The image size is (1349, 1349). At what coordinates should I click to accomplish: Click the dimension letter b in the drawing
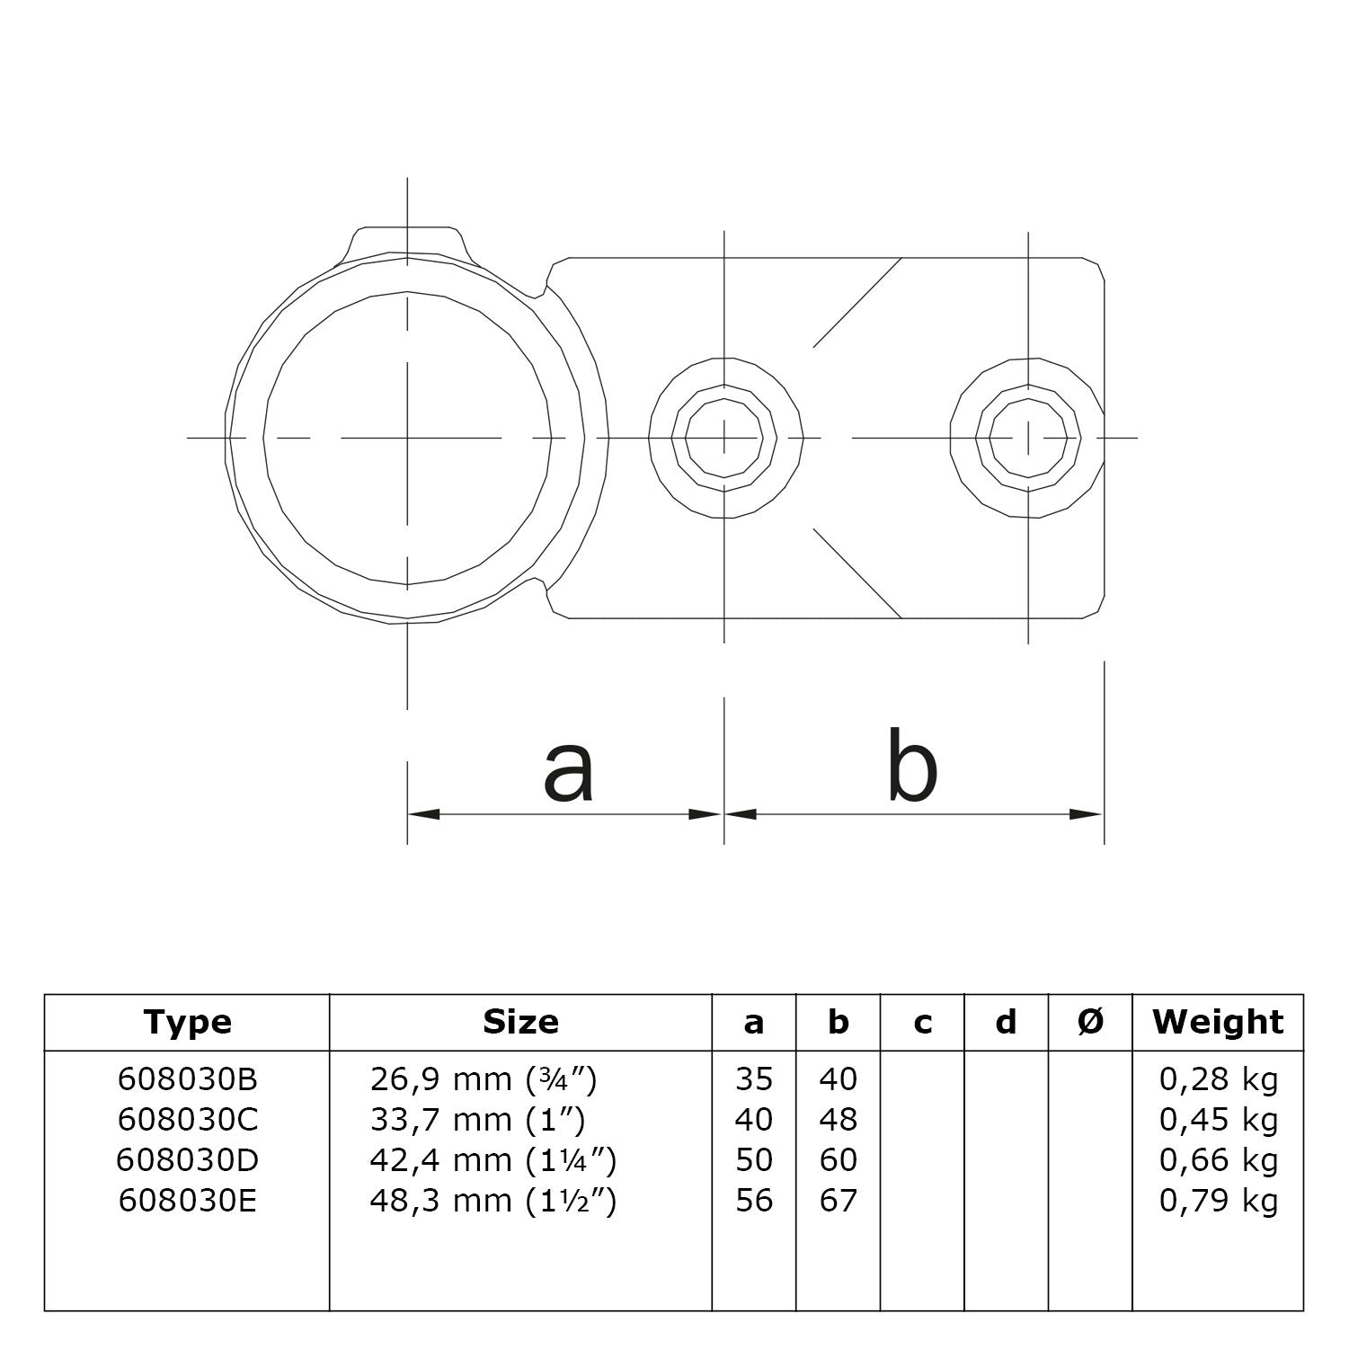[x=911, y=765]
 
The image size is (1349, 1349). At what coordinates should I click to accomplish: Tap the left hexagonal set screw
[x=724, y=439]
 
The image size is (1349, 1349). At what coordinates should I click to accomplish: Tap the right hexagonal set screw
[x=1028, y=439]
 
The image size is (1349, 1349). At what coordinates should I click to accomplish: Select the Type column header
[x=187, y=1022]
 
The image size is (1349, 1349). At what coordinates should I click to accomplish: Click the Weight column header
[x=1218, y=1022]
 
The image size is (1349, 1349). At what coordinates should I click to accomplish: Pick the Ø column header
[x=1089, y=1022]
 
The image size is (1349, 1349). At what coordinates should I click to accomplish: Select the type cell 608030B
[x=187, y=1078]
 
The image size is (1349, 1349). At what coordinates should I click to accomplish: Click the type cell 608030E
[x=187, y=1201]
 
